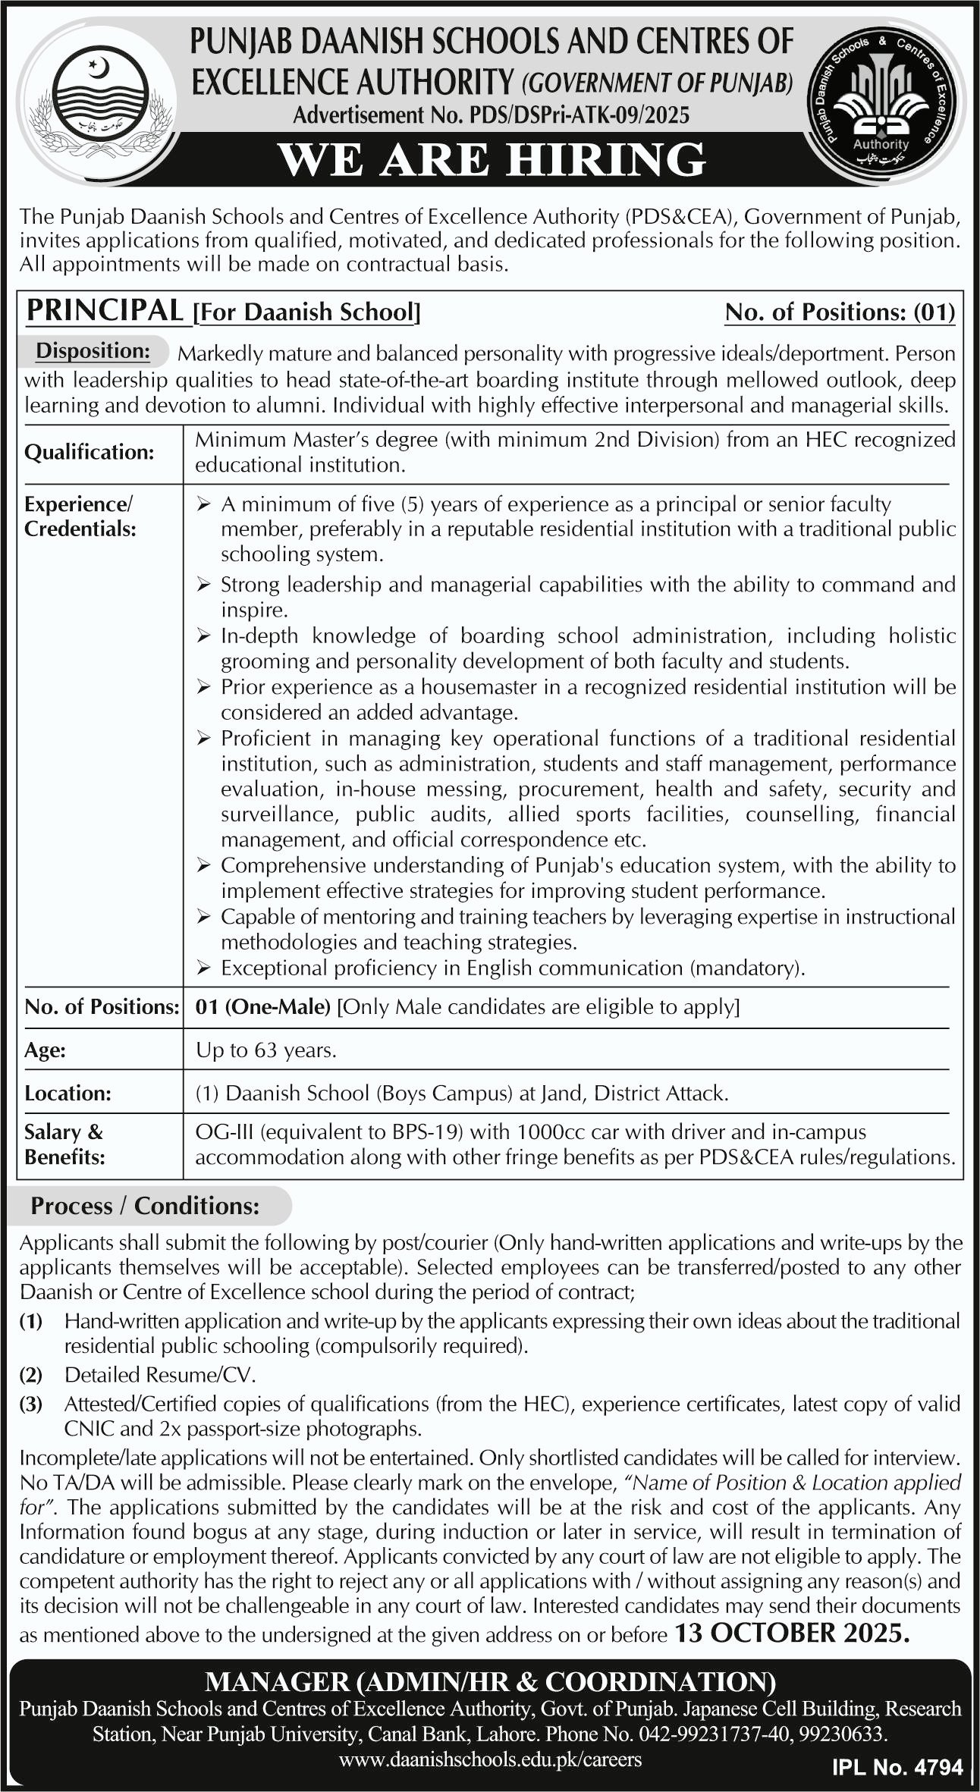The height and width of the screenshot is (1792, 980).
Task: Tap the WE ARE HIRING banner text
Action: click(492, 160)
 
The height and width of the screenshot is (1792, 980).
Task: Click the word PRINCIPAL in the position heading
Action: click(105, 311)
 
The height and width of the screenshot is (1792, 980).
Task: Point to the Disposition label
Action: click(93, 351)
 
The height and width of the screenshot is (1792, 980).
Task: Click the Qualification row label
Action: click(89, 452)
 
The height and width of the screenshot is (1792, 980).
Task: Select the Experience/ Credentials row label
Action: click(80, 516)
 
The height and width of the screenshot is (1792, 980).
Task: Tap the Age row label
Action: click(45, 1050)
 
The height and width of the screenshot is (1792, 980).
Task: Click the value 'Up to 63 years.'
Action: click(265, 1050)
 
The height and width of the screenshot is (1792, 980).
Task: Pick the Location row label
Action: click(68, 1093)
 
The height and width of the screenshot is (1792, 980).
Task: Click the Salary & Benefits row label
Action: click(64, 1144)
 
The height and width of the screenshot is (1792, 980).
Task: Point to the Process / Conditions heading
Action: click(145, 1206)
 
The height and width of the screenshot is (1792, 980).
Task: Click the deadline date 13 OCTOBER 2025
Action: click(791, 1632)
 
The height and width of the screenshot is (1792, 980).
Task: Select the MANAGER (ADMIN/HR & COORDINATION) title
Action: click(490, 1682)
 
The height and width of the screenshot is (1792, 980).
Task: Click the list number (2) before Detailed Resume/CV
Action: click(31, 1375)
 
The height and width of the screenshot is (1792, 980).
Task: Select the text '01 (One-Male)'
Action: click(262, 1007)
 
